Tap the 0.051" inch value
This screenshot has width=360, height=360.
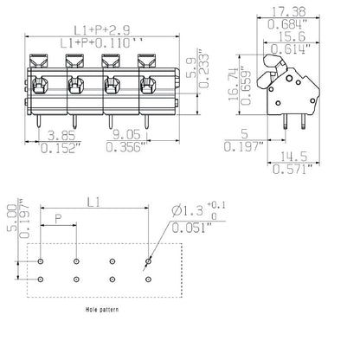(x=192, y=228)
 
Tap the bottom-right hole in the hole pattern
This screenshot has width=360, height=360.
(x=147, y=279)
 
